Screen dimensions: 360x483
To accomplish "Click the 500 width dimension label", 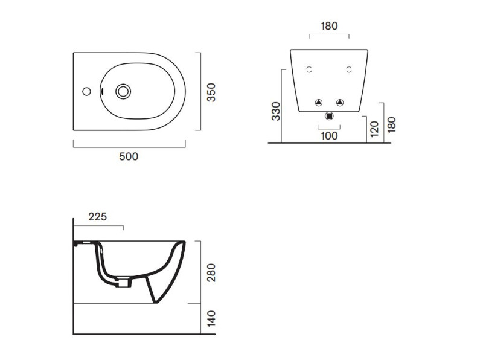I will [129, 156].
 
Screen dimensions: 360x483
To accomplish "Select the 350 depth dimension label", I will [211, 92].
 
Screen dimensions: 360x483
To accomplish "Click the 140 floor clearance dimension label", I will [211, 318].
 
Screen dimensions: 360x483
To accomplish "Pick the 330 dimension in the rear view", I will [276, 111].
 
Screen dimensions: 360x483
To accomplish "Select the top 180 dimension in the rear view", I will [329, 26].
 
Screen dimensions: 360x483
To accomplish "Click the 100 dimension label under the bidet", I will [329, 136].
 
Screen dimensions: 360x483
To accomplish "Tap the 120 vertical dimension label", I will [374, 129].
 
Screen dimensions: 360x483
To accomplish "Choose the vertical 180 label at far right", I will [391, 123].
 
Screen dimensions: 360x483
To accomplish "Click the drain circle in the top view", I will [124, 92].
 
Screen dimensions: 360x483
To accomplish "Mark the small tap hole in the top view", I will [86, 92].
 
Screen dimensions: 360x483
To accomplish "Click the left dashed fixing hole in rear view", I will [309, 69].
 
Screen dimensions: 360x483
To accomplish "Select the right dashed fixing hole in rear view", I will [349, 69].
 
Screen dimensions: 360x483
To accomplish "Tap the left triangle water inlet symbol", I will [318, 102].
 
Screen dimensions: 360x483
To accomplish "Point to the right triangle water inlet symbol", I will [339, 102].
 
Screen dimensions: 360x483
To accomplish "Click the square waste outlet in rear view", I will [329, 115].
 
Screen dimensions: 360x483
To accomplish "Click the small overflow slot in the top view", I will [103, 92].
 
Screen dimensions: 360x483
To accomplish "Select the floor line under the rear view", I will [329, 143].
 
